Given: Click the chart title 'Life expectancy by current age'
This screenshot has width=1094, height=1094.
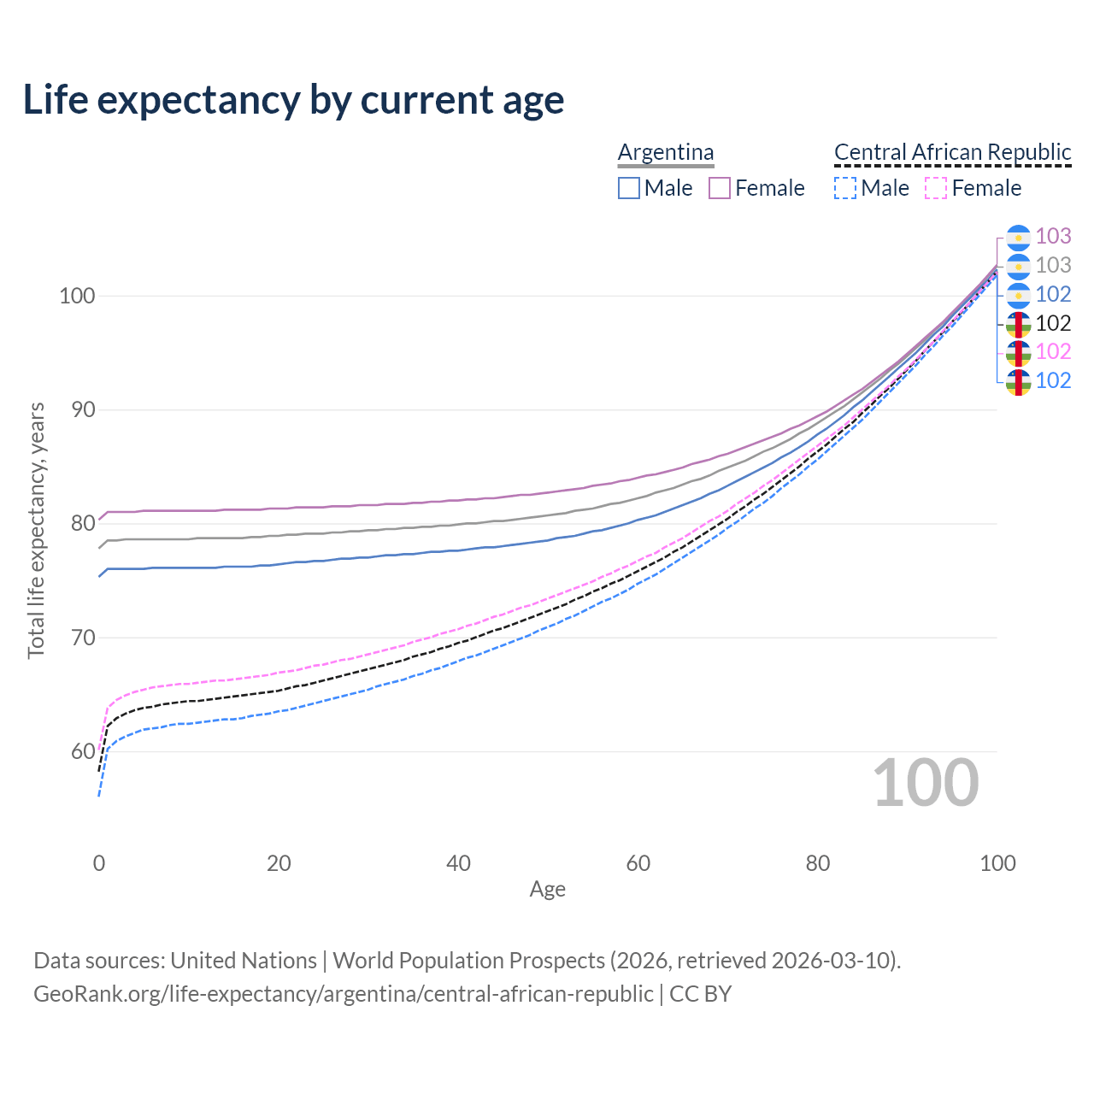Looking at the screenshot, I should [293, 100].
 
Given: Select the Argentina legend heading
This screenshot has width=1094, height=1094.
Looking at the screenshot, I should [666, 152].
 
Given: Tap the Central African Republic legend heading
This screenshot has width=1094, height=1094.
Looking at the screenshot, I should [952, 152].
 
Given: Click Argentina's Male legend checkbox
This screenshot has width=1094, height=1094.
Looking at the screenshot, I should [629, 188].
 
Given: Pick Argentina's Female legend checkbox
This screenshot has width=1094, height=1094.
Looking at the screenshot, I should [720, 188].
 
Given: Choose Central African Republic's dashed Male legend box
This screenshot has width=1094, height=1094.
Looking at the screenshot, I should [845, 188].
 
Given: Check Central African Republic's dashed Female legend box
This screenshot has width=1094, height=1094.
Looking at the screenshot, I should [936, 188].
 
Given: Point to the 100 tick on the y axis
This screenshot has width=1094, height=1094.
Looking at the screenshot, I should [76, 297].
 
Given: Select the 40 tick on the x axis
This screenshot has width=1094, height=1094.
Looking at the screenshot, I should [458, 863].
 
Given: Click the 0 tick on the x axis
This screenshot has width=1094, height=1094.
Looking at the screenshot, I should [99, 863].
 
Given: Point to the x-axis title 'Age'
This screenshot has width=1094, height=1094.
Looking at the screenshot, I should [547, 890].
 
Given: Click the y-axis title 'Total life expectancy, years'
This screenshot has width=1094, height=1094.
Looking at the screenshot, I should [36, 530].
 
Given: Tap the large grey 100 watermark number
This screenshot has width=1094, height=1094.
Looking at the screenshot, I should [926, 783].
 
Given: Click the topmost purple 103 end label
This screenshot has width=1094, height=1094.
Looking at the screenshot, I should [1053, 236].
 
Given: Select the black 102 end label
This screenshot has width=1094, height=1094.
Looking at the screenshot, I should [1053, 323].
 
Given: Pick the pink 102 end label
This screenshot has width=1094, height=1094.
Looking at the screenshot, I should [1053, 351].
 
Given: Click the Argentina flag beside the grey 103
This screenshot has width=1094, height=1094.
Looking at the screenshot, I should [1018, 266].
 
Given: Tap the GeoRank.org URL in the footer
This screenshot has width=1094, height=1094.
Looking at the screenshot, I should [344, 994].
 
